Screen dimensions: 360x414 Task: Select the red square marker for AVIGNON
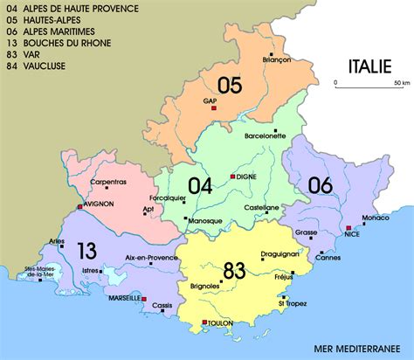click(79, 207)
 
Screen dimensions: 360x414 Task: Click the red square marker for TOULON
click(204, 322)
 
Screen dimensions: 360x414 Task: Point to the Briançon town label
click(275, 59)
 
